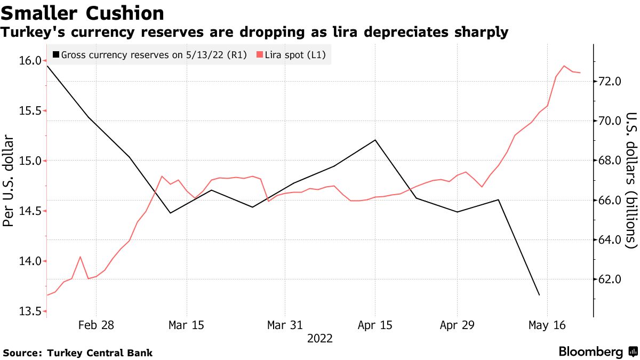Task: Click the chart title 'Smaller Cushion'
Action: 82,13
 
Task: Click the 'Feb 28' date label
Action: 97,325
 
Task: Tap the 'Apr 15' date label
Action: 375,325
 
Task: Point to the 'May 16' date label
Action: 547,325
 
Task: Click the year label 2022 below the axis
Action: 320,339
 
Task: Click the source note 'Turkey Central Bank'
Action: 100,353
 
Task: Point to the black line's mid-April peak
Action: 375,140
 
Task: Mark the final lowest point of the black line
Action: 540,295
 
